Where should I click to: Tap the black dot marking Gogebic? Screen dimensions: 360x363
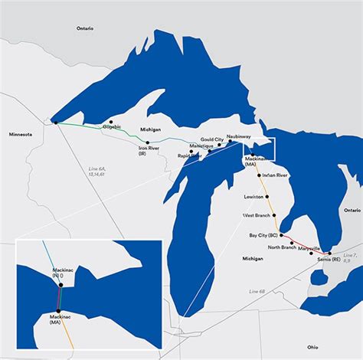[x=111, y=121]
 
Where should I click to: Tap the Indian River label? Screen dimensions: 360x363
[x=275, y=175]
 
